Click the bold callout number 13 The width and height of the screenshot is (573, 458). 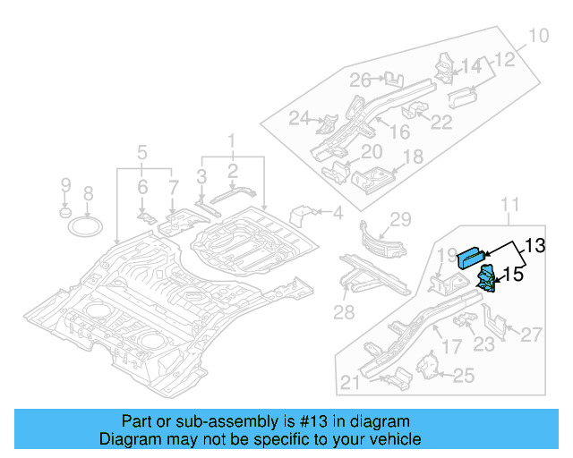coord(534,245)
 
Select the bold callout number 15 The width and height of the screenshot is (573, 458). coord(512,276)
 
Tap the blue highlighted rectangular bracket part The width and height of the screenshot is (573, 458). coord(470,256)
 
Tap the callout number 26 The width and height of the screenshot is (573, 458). coord(360,81)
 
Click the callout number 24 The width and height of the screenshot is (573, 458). coord(299,118)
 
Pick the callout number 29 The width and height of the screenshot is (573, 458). coord(399,219)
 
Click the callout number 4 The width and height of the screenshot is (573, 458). coord(338,213)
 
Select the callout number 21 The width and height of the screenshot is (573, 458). coord(351,383)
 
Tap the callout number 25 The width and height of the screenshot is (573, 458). coord(463,376)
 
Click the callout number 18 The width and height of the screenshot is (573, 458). coord(412,157)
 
